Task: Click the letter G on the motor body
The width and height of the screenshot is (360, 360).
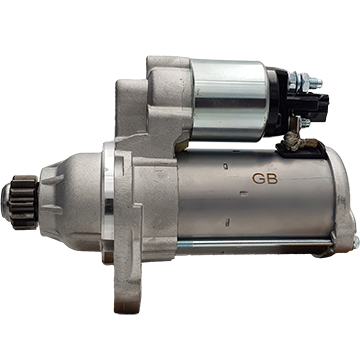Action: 258,179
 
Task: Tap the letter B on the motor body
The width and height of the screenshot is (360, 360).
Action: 272,179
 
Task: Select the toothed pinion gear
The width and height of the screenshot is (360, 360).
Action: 24,202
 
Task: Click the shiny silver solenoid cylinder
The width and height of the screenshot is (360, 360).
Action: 230,100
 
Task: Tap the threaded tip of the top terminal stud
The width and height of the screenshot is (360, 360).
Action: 318,82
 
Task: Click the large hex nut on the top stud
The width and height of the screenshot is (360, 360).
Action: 304,82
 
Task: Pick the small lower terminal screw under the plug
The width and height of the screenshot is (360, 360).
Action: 304,123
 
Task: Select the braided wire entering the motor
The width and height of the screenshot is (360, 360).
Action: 294,143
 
